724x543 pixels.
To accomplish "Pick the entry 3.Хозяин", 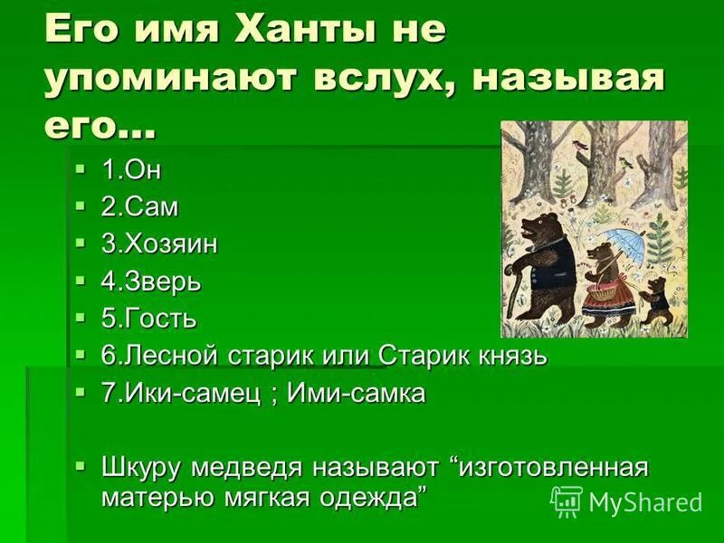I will [x=159, y=244].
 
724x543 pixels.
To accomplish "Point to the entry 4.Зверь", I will [x=150, y=281].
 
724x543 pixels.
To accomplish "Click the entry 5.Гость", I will [x=148, y=319].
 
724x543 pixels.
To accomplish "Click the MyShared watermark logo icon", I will [x=567, y=500].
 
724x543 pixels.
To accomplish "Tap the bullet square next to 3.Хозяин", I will [x=82, y=243].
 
